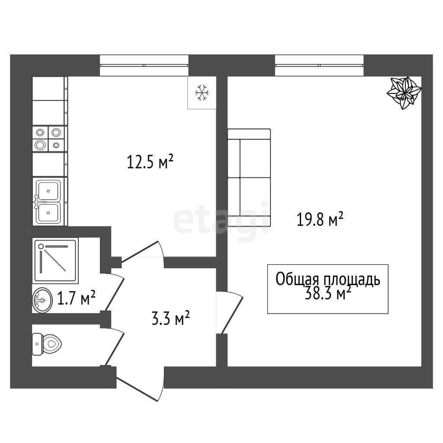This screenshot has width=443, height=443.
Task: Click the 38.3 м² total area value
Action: click(x=328, y=293)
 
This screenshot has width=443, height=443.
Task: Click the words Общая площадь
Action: click(x=328, y=279)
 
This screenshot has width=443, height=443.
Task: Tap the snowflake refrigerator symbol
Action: click(x=202, y=93)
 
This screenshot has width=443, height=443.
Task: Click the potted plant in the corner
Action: click(x=404, y=93)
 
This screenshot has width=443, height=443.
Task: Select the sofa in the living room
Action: click(x=249, y=177)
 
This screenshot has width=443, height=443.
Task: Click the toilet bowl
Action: click(x=47, y=344)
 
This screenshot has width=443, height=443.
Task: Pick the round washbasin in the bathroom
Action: click(x=42, y=300)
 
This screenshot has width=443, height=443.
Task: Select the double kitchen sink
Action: click(x=48, y=202)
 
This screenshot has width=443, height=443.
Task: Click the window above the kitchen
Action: click(x=144, y=65)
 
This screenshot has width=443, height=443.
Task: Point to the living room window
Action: click(x=319, y=65)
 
